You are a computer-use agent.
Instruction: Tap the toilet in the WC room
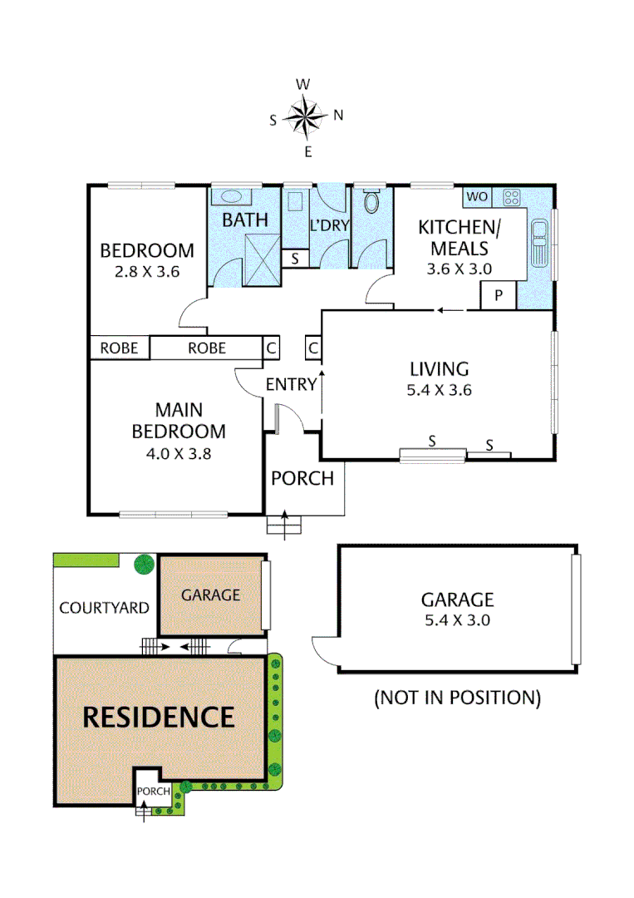(x=371, y=201)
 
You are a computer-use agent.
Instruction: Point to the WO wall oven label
(x=476, y=197)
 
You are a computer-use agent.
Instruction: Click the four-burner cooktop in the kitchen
(x=511, y=198)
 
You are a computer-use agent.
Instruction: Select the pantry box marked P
(x=499, y=295)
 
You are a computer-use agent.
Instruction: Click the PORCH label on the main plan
(x=302, y=478)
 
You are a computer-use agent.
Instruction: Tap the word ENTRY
(x=291, y=384)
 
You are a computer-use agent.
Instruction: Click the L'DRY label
(x=329, y=225)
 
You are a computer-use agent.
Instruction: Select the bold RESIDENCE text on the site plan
(x=157, y=716)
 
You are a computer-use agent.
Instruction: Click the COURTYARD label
(x=104, y=607)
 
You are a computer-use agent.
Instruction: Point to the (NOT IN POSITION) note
(x=457, y=697)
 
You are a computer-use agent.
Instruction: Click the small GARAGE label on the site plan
(x=210, y=595)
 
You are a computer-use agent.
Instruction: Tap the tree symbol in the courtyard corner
(x=144, y=564)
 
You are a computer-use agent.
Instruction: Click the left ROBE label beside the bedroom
(x=120, y=348)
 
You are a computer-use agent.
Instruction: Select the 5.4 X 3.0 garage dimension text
(x=457, y=619)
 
